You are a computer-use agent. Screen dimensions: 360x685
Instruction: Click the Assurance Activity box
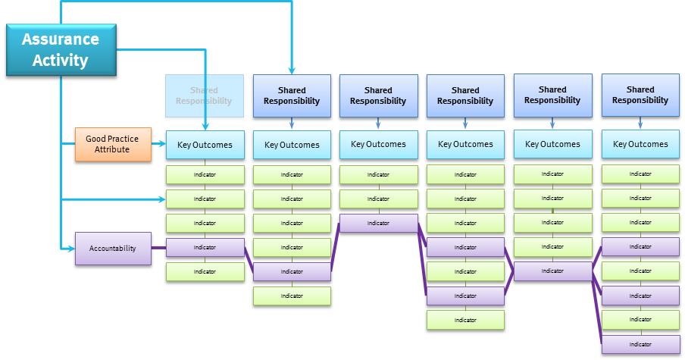pyautogui.click(x=61, y=49)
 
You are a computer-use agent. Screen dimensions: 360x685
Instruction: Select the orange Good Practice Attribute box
pyautogui.click(x=107, y=144)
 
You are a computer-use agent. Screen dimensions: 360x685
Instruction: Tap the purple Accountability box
pyautogui.click(x=112, y=248)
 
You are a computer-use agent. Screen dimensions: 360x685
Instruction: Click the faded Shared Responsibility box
pyautogui.click(x=205, y=95)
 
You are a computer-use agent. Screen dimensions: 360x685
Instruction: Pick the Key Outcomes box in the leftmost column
pyautogui.click(x=205, y=144)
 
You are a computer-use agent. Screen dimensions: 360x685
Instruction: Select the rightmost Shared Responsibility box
pyautogui.click(x=640, y=95)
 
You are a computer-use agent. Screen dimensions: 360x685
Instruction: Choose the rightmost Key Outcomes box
pyautogui.click(x=640, y=144)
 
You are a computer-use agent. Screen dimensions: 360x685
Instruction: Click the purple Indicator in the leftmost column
pyautogui.click(x=205, y=248)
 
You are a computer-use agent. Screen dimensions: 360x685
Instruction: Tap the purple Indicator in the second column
pyautogui.click(x=292, y=272)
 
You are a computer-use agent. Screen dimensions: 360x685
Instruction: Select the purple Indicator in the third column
pyautogui.click(x=378, y=224)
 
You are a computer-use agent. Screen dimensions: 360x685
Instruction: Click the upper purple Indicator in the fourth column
pyautogui.click(x=465, y=248)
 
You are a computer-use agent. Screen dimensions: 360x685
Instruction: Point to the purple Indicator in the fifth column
pyautogui.click(x=552, y=271)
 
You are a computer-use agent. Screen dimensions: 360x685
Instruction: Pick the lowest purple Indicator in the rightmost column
pyautogui.click(x=640, y=344)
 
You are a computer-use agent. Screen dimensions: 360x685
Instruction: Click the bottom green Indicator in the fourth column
pyautogui.click(x=465, y=320)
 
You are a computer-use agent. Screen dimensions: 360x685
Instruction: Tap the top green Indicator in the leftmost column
pyautogui.click(x=205, y=175)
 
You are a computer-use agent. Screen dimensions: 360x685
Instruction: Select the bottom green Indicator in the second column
pyautogui.click(x=292, y=296)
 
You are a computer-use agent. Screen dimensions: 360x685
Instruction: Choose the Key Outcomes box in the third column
pyautogui.click(x=378, y=144)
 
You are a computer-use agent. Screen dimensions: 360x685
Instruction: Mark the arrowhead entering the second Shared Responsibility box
pyautogui.click(x=292, y=70)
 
